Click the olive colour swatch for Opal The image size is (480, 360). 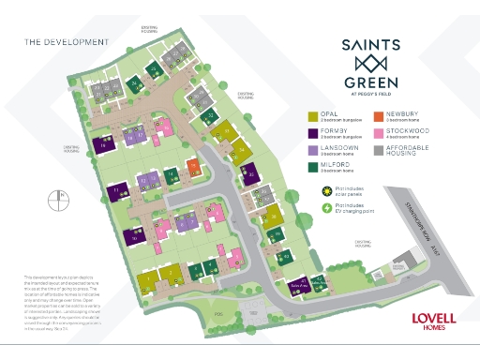(x=313, y=117)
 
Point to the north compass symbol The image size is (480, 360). (x=62, y=200)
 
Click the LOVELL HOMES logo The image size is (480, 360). (x=433, y=321)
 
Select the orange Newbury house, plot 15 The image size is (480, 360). (x=194, y=167)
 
